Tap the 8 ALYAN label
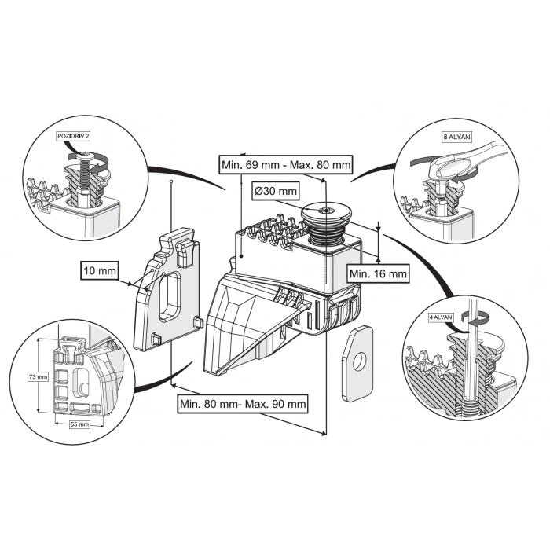(x=456, y=137)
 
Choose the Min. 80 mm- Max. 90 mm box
(x=241, y=404)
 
